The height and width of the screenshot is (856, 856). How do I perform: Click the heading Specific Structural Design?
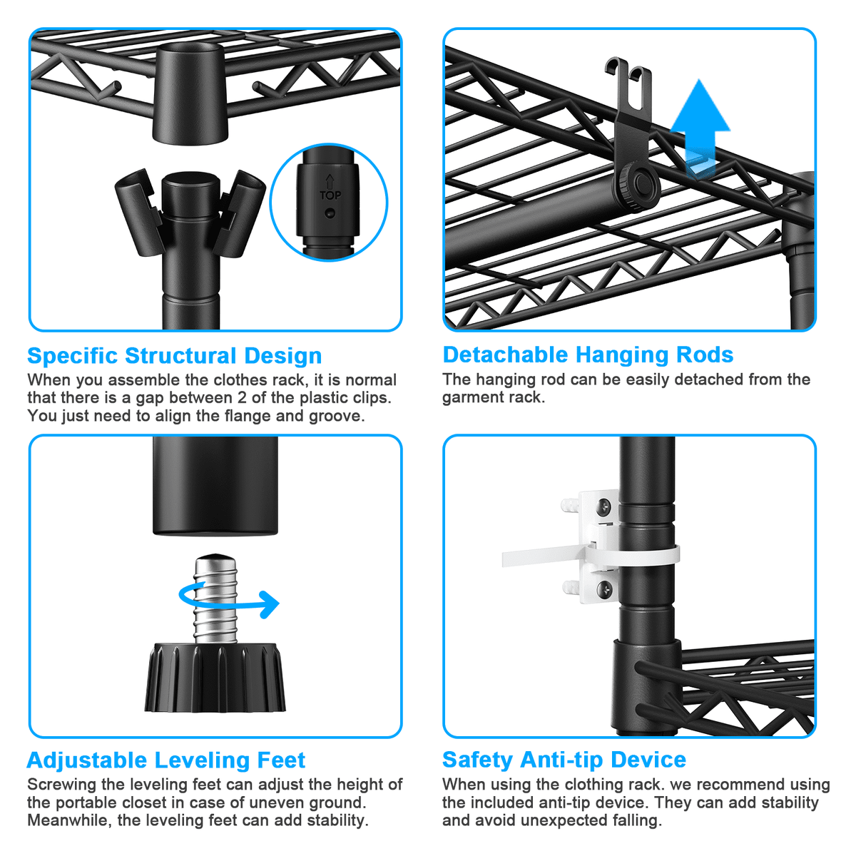coord(175,356)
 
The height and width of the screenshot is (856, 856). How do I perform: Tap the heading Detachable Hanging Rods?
coord(588,355)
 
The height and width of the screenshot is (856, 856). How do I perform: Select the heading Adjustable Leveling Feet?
coord(166,760)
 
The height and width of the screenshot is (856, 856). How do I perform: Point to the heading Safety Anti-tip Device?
coord(564,760)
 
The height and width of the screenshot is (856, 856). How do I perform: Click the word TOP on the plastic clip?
coord(330,195)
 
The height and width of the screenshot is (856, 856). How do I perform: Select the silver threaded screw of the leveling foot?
coord(215,598)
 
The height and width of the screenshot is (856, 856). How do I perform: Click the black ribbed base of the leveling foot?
coord(215,677)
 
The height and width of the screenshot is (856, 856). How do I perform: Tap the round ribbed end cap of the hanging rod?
coord(637,185)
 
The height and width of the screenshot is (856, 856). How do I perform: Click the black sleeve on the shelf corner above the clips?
coord(190,93)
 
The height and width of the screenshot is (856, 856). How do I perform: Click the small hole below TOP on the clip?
coord(329,213)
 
